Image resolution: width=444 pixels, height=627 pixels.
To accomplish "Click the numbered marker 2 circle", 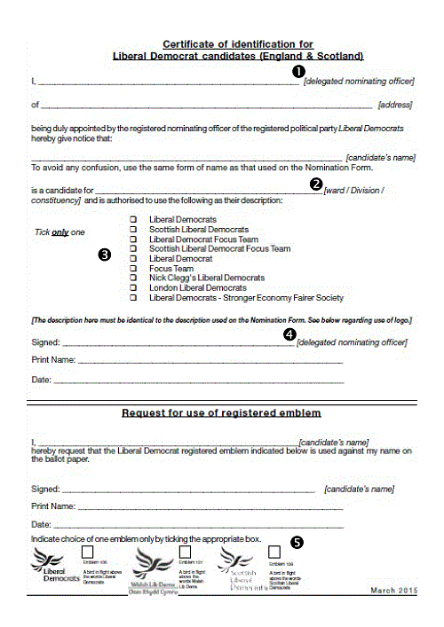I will (x=315, y=184).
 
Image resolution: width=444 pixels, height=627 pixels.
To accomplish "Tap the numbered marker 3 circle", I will (x=105, y=255).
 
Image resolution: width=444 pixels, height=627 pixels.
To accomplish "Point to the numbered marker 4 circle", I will (x=289, y=334).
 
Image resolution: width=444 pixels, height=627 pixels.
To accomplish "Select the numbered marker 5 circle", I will (x=297, y=542).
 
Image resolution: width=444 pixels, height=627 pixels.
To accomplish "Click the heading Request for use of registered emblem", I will (x=221, y=413).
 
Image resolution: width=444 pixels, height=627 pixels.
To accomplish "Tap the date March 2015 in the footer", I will (x=393, y=590).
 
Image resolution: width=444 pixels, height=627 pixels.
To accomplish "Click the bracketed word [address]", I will (x=395, y=105).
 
